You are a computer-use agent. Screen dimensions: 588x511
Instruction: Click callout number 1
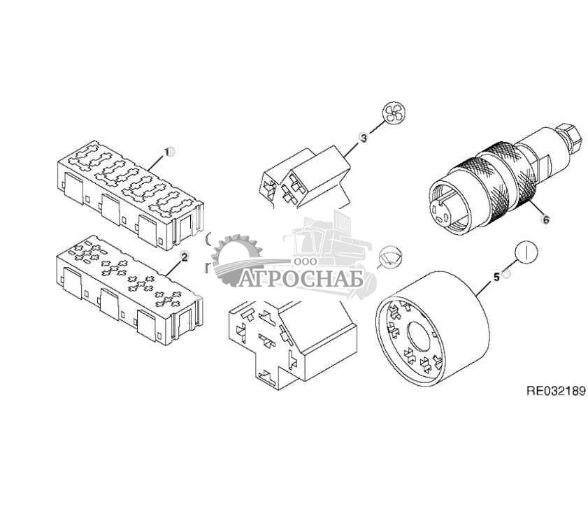166,152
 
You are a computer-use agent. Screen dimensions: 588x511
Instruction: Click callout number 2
184,257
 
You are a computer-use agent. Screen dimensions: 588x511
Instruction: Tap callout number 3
363,138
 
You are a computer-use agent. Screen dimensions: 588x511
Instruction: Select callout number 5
496,277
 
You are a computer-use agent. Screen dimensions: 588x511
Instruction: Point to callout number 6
546,219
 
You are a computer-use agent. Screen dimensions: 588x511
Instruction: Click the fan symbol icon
394,113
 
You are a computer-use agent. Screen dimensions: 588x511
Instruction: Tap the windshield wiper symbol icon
391,257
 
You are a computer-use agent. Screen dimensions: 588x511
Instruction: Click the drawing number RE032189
557,391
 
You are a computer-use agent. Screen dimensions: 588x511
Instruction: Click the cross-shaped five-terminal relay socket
291,343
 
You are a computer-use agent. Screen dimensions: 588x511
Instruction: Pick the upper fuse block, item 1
130,195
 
